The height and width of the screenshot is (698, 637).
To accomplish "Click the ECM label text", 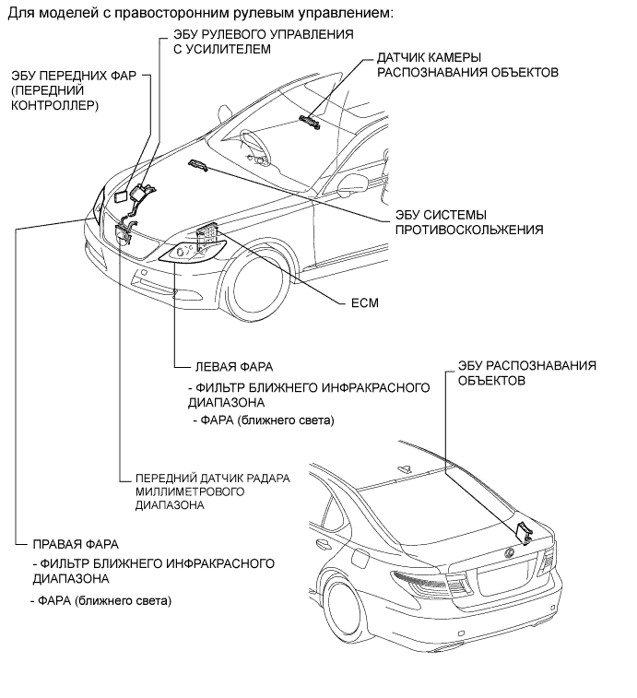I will click(x=365, y=302).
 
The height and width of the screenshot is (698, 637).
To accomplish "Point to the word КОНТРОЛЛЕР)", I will click(x=54, y=106).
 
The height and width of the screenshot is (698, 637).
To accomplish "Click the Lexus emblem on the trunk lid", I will click(x=506, y=553).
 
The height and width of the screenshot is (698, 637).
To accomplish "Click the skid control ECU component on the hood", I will click(x=197, y=164).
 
